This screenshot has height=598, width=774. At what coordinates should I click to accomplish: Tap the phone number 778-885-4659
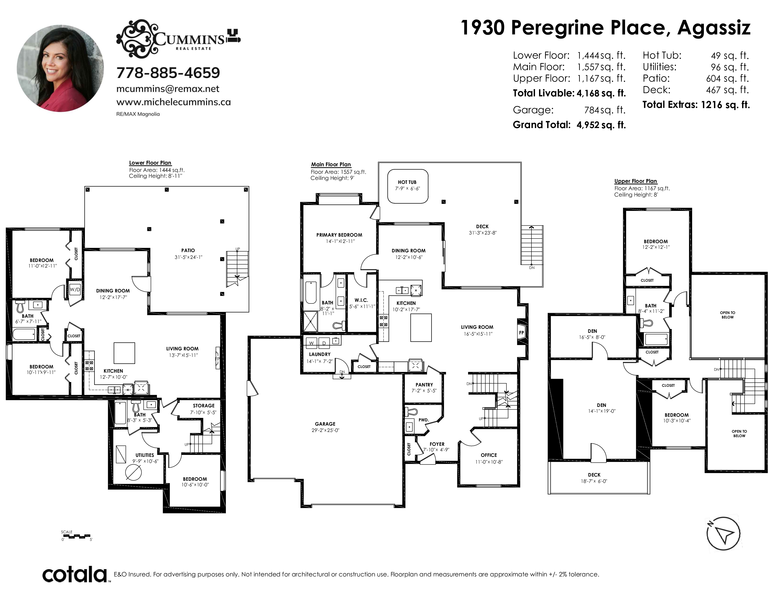click(x=168, y=73)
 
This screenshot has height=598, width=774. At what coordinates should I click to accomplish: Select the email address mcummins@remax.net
click(x=168, y=89)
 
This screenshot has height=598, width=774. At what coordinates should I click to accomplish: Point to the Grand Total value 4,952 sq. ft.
click(x=601, y=125)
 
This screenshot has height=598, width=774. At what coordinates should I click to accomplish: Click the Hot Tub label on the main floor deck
click(x=407, y=182)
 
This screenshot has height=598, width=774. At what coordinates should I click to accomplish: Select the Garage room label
click(x=325, y=424)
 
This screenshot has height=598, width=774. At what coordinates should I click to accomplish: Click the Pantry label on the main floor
click(x=424, y=385)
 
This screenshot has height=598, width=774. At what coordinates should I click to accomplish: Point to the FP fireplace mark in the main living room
click(x=521, y=333)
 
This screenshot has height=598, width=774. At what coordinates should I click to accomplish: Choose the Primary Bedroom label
click(x=339, y=235)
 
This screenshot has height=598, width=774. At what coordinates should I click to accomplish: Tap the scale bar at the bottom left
click(x=76, y=536)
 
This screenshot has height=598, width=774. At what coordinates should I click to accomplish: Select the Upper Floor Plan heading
click(x=635, y=181)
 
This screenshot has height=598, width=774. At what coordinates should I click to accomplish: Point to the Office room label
click(x=489, y=455)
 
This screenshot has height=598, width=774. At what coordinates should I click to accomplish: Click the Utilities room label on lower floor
click(x=144, y=455)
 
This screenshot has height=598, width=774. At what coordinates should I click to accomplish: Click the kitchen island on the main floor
click(x=421, y=328)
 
